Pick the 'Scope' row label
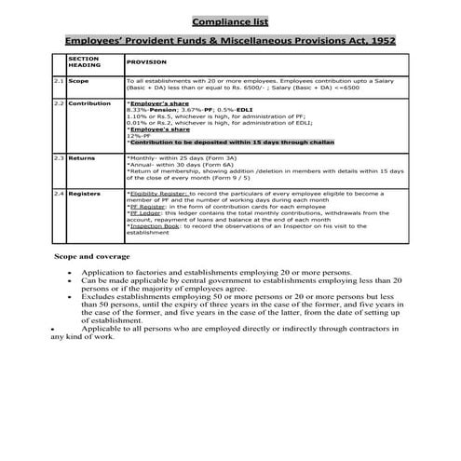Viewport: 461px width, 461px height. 78,82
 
